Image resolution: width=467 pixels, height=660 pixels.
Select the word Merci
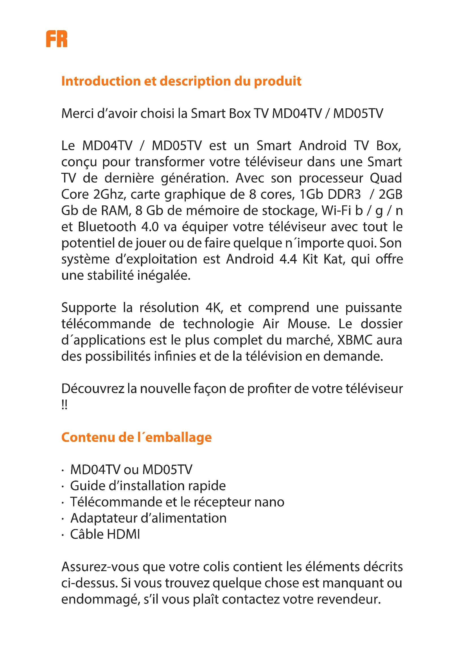coord(76,113)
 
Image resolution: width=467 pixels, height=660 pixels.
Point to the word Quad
coord(386,178)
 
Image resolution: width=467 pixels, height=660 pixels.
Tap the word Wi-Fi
coord(336,211)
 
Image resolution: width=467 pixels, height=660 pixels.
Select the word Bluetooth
coord(107,227)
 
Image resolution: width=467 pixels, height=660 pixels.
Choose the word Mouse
coord(308,324)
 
